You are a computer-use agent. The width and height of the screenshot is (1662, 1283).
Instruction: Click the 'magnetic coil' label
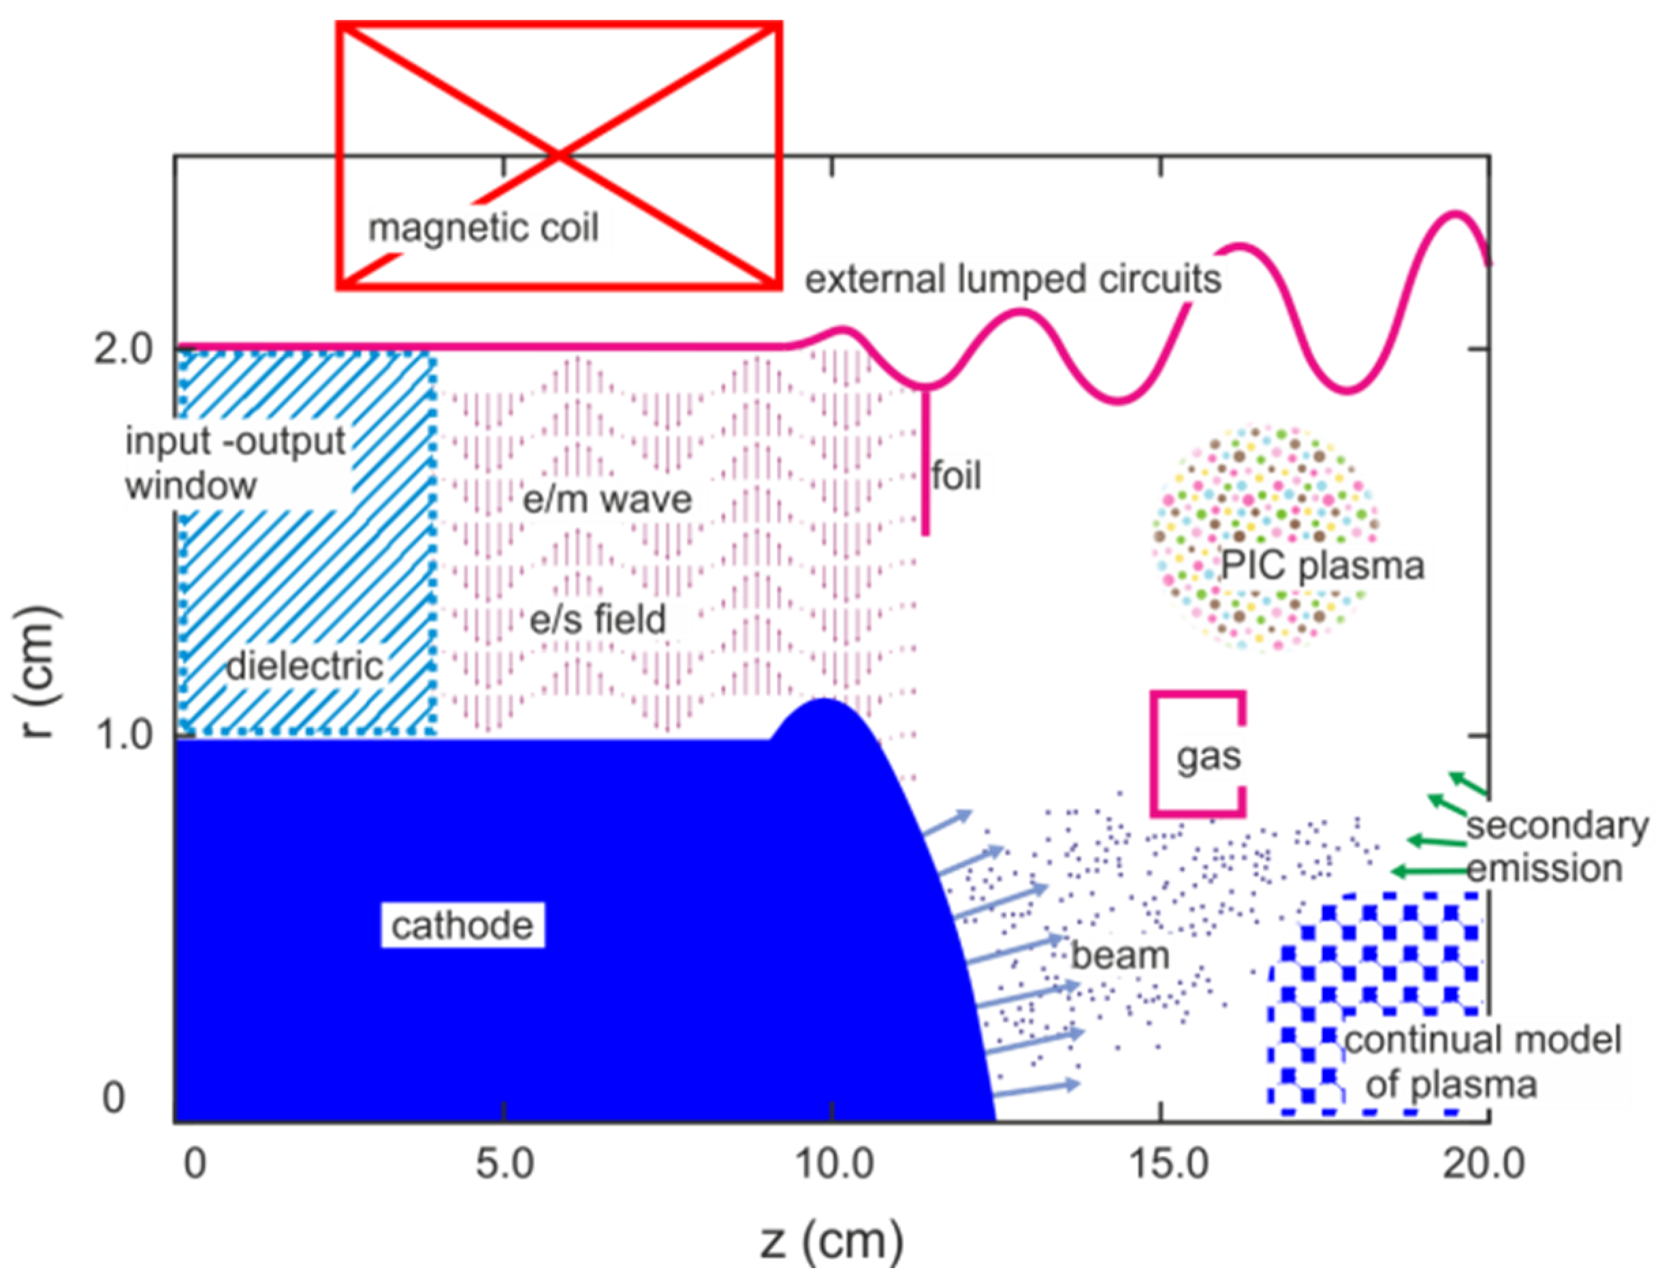coord(483,228)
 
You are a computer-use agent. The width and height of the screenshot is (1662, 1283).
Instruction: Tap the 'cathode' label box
coord(462,925)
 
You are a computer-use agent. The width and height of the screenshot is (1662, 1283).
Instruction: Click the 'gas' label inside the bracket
coord(1209,757)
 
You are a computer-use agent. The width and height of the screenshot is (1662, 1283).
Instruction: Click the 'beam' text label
coord(1119,956)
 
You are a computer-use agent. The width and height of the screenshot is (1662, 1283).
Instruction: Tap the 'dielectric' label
coord(304,667)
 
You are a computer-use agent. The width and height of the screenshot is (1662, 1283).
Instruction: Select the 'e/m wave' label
coord(607,500)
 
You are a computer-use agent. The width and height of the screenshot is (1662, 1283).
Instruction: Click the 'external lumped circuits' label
coord(1013,279)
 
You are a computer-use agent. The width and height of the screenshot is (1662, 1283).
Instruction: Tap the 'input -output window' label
coord(234,462)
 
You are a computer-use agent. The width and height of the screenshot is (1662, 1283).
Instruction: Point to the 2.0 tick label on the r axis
coord(123,351)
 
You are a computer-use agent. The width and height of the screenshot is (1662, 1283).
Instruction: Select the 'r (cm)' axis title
coord(36,673)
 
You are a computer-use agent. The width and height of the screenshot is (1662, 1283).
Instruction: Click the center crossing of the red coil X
coord(559,156)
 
